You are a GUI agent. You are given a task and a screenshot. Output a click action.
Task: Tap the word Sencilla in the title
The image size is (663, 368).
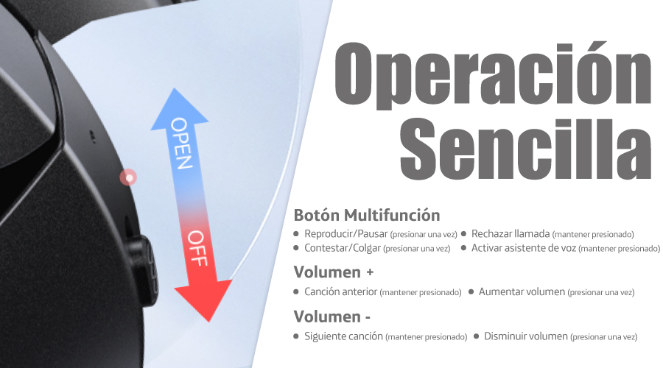pos(525,149)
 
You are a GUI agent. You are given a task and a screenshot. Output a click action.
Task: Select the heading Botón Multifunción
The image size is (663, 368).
pos(367,215)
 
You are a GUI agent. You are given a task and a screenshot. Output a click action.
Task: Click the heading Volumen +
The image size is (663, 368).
pos(334,272)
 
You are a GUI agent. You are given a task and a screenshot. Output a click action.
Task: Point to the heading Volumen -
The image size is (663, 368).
pos(332,316)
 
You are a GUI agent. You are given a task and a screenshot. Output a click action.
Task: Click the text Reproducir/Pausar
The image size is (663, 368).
pos(346,234)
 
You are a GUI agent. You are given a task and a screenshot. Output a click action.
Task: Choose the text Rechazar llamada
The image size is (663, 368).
pos(511,233)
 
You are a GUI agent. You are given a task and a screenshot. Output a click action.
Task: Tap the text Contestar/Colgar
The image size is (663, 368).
pos(343,249)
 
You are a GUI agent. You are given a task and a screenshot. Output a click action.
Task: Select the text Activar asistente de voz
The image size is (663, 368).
pos(524,248)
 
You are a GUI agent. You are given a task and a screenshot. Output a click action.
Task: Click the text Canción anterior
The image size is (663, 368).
pos(341,291)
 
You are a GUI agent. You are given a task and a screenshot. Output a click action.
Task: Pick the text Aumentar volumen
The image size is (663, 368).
pos(522,291)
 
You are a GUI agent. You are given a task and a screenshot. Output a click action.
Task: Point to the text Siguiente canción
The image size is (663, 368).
pos(343,336)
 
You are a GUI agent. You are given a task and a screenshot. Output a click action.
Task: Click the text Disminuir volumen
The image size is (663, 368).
pos(525,336)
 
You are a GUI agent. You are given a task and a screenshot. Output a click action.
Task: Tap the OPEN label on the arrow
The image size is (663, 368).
pos(182,144)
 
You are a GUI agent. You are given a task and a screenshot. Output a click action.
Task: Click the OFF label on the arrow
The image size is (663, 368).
pos(198,249)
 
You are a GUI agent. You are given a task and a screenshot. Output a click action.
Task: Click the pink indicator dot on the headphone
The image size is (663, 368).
pos(128,177)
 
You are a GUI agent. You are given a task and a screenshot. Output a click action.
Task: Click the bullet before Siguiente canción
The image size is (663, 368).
pos(296,337)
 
